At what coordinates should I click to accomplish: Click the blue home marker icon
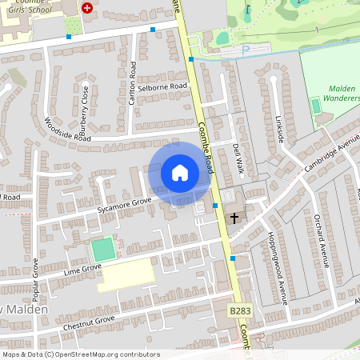pos(179,172)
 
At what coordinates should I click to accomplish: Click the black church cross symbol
pos(235,217)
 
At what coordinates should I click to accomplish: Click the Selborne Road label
pos(162,86)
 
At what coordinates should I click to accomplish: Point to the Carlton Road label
pos(133,77)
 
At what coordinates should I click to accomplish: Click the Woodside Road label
pos(68,130)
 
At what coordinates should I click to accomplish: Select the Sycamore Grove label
pos(124,205)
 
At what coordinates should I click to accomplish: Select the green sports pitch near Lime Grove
pos(102,248)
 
